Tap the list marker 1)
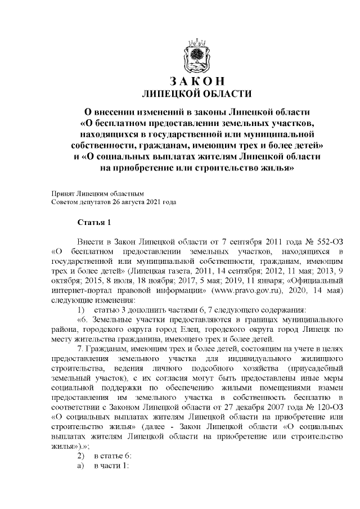81,310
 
